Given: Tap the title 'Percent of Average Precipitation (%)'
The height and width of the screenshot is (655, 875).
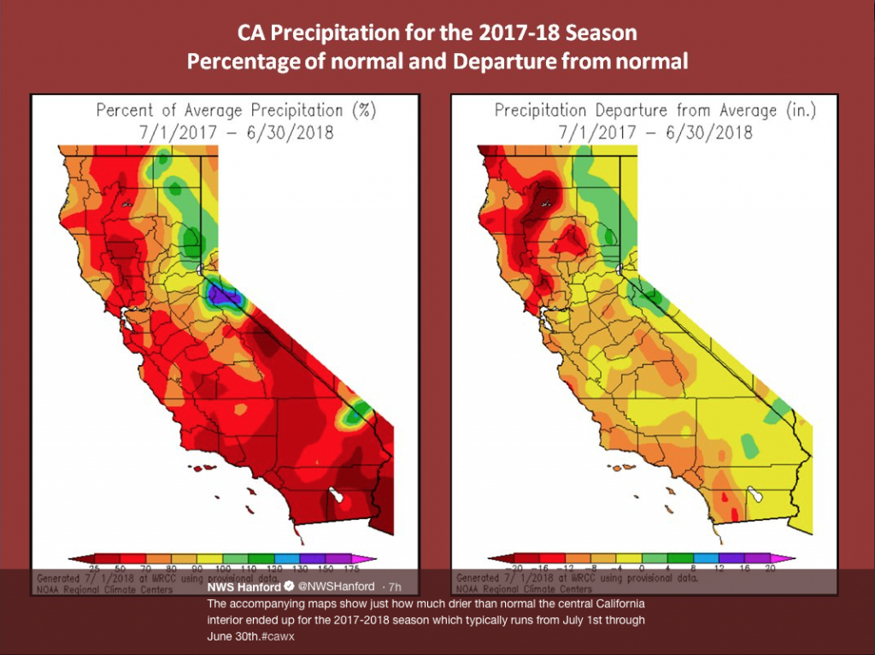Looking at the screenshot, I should pyautogui.click(x=236, y=110).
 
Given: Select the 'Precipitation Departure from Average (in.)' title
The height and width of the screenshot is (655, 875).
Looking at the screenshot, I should pyautogui.click(x=655, y=110).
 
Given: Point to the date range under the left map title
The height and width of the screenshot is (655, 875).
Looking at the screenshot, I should pyautogui.click(x=236, y=133).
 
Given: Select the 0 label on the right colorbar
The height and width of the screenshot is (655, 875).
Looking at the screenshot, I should pyautogui.click(x=641, y=569).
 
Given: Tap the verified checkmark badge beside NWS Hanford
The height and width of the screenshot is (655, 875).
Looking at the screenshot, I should pyautogui.click(x=290, y=587).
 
